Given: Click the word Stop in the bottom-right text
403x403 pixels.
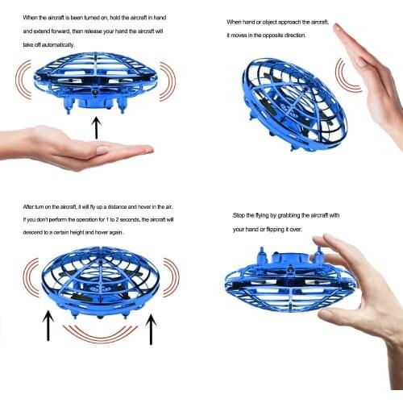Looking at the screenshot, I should point(239,216).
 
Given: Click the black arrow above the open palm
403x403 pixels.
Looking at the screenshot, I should point(97,127).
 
